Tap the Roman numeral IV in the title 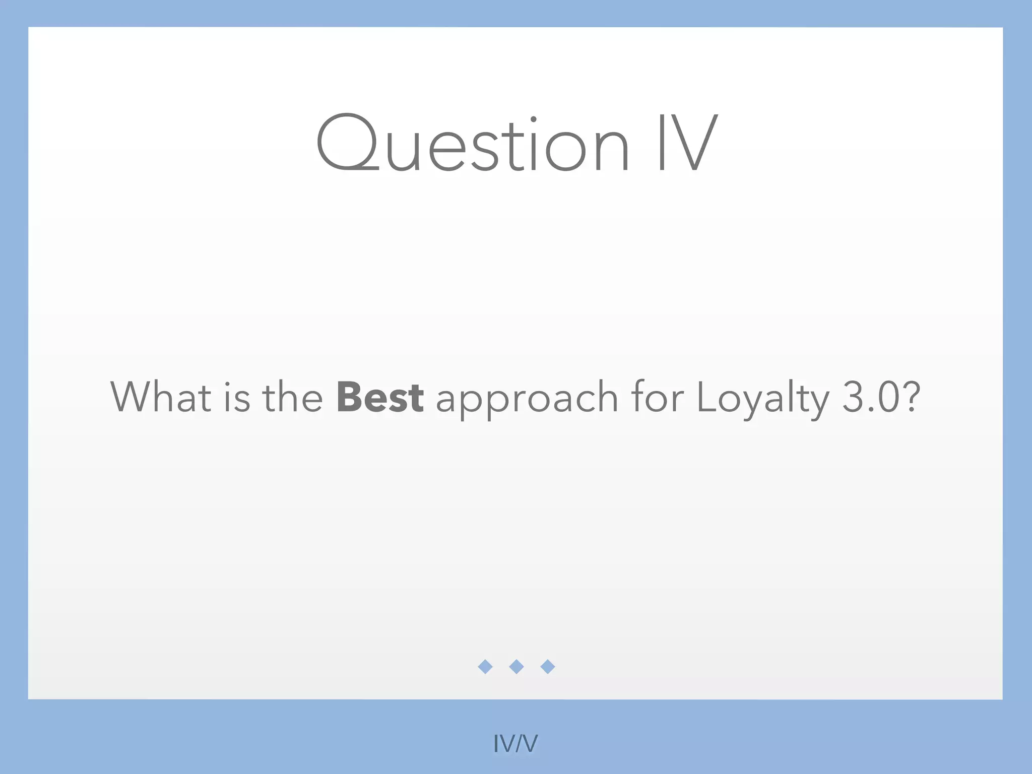(687, 144)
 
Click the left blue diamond (485, 667)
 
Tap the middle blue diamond (517, 667)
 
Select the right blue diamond (548, 667)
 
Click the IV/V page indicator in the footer (515, 743)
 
